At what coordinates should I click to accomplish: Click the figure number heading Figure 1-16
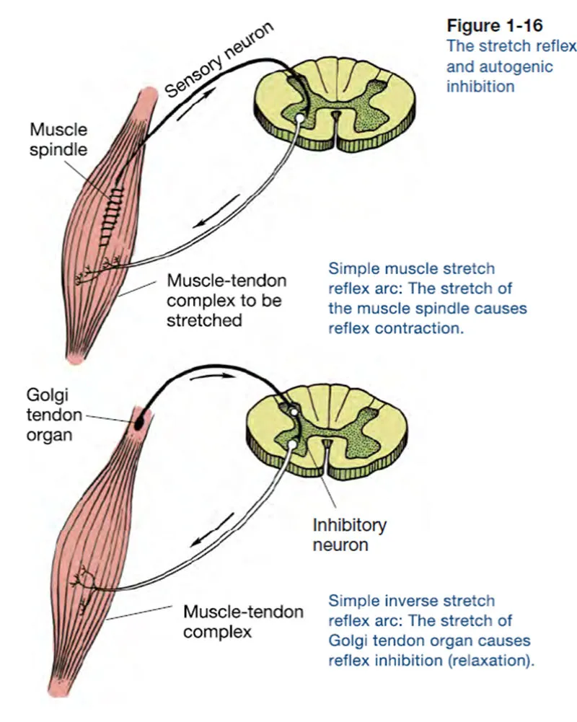[x=493, y=26]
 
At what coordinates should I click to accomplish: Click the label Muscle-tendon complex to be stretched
[x=228, y=300]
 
